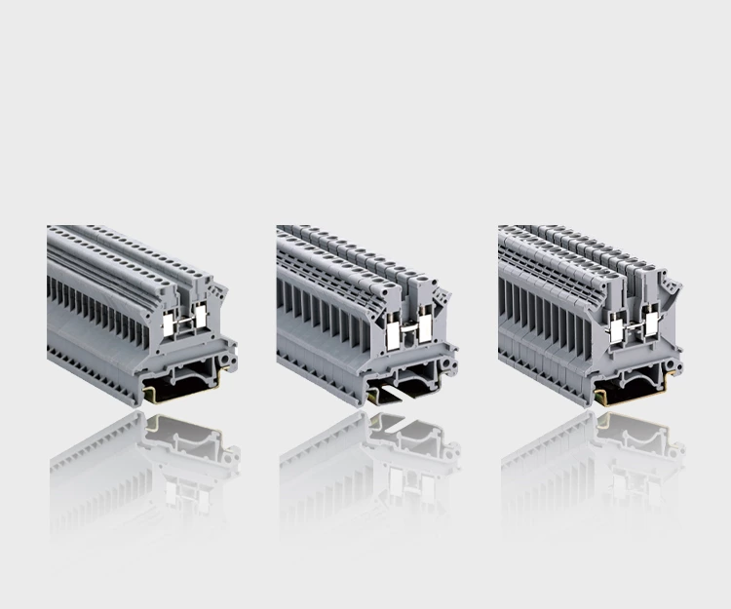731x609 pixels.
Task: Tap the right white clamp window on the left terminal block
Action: tap(201, 317)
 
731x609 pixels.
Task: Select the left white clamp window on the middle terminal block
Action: tap(392, 336)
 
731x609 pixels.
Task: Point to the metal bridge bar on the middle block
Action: tap(410, 332)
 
